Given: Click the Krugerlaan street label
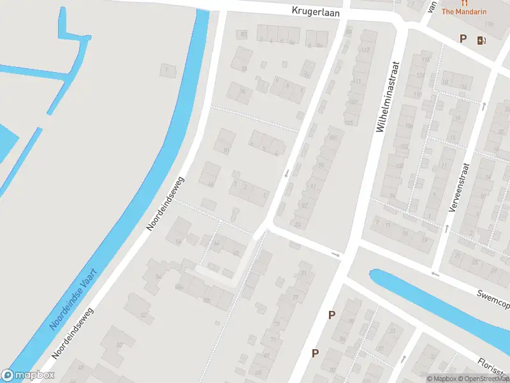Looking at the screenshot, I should (x=316, y=11).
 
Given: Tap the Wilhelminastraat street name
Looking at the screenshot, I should (x=388, y=97).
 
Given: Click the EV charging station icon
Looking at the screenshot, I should (x=481, y=40).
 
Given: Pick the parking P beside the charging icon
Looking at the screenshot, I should (x=463, y=39).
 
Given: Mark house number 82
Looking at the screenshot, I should (x=244, y=34).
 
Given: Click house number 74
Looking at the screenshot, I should (x=242, y=91).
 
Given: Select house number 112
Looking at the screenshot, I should (x=365, y=50).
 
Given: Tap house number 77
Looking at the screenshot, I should (x=295, y=297).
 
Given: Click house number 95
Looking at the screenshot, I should (x=321, y=166).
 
